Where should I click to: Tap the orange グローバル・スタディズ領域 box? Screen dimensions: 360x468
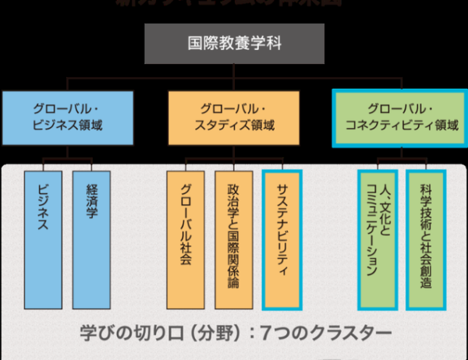(x=234, y=116)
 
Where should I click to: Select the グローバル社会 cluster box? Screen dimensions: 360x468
(x=186, y=240)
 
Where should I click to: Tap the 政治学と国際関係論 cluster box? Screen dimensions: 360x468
(x=233, y=240)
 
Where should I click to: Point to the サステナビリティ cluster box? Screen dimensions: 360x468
(x=282, y=240)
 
